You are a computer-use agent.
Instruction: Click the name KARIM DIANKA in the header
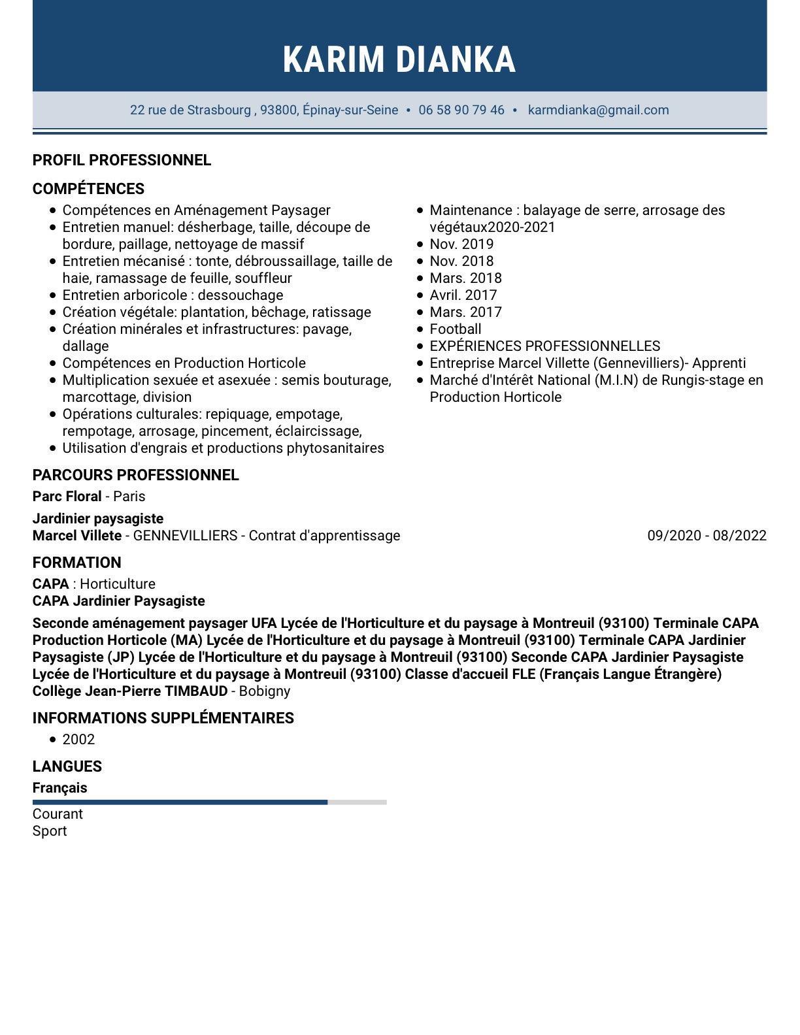click(399, 59)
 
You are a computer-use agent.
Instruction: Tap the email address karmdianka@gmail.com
click(598, 110)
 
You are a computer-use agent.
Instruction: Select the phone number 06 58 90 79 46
click(461, 110)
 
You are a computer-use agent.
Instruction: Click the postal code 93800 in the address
click(278, 110)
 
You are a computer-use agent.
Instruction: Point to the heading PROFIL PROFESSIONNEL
click(122, 160)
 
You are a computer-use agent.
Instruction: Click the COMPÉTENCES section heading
click(88, 189)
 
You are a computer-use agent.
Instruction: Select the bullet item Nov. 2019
click(461, 244)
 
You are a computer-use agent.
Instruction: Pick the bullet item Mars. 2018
click(465, 278)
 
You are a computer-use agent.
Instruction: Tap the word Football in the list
click(456, 329)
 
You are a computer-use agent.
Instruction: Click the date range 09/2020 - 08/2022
click(707, 536)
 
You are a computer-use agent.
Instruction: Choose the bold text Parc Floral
click(67, 497)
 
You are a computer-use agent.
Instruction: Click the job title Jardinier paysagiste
click(98, 519)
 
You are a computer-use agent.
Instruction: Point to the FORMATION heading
click(76, 563)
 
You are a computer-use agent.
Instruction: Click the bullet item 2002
click(78, 740)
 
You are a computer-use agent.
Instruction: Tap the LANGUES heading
click(67, 766)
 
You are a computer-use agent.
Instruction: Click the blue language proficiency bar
click(180, 802)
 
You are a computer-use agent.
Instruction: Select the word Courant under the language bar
click(58, 814)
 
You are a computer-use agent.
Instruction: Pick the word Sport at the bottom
click(50, 831)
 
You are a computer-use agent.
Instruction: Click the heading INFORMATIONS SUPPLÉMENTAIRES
click(163, 718)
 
